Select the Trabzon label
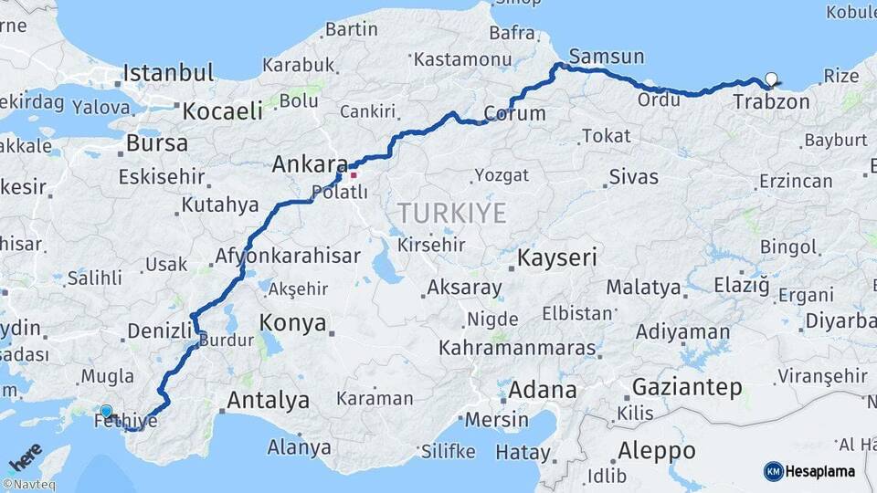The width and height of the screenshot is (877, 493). coord(771,101)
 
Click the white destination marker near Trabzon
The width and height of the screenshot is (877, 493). coord(773,79)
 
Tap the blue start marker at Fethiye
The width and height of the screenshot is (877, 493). coord(107,412)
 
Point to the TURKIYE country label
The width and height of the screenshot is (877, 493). coord(451,214)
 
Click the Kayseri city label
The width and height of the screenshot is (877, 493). coord(557,257)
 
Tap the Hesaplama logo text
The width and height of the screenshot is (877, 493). coord(820,471)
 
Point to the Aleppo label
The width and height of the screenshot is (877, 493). coord(656,451)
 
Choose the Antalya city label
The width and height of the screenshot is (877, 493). coord(268,400)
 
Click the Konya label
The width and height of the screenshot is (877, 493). coord(292,322)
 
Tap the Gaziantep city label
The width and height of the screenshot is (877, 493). coord(687,387)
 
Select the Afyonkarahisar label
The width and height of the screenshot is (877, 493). coord(288,257)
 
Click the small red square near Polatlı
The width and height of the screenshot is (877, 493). coord(354,174)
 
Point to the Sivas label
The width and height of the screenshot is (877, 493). coord(633,176)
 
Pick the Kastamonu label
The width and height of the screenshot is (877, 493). coord(462,59)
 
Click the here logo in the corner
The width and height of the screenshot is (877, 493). coord(25,456)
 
